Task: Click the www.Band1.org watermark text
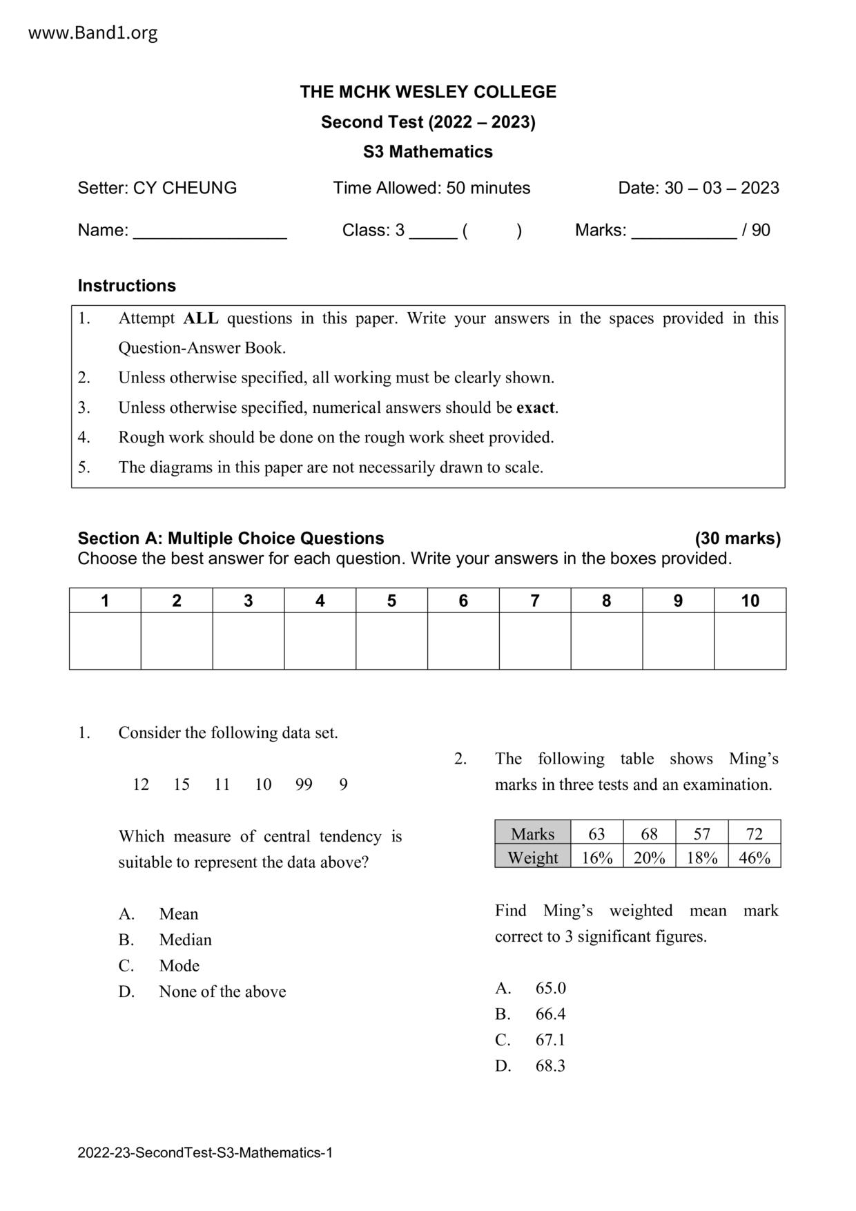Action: pyautogui.click(x=93, y=32)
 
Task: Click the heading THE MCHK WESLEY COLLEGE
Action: pyautogui.click(x=428, y=92)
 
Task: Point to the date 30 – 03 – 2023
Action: pyautogui.click(x=721, y=188)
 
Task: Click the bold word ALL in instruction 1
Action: pyautogui.click(x=201, y=318)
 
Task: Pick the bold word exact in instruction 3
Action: pyautogui.click(x=536, y=407)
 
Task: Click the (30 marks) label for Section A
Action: pyautogui.click(x=737, y=539)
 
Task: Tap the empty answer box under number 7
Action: pyautogui.click(x=535, y=641)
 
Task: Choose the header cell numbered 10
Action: pyautogui.click(x=750, y=601)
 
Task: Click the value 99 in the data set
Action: pyautogui.click(x=304, y=784)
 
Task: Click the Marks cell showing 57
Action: pyautogui.click(x=701, y=833)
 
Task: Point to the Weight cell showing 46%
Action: pyautogui.click(x=754, y=858)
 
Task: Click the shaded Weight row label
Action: pyautogui.click(x=532, y=858)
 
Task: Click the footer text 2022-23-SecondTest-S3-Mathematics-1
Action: pyautogui.click(x=205, y=1152)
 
